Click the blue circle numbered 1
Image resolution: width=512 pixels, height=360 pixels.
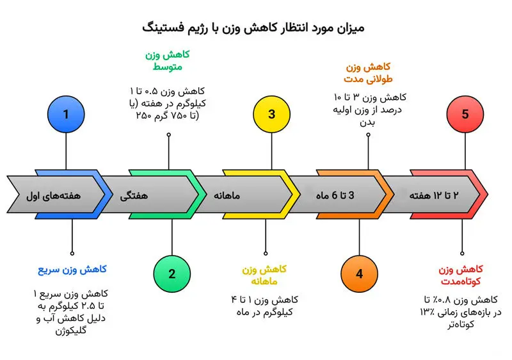(66, 115)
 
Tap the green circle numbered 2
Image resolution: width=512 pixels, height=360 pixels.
(172, 274)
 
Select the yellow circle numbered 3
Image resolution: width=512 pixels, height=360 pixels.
(271, 115)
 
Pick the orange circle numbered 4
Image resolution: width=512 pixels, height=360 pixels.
(359, 274)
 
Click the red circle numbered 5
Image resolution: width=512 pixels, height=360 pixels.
(465, 115)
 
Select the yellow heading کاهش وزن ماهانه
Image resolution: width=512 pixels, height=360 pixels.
(264, 275)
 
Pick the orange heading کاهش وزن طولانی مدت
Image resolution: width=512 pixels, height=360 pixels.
(367, 73)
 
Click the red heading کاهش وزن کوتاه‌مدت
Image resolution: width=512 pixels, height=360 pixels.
(461, 275)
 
